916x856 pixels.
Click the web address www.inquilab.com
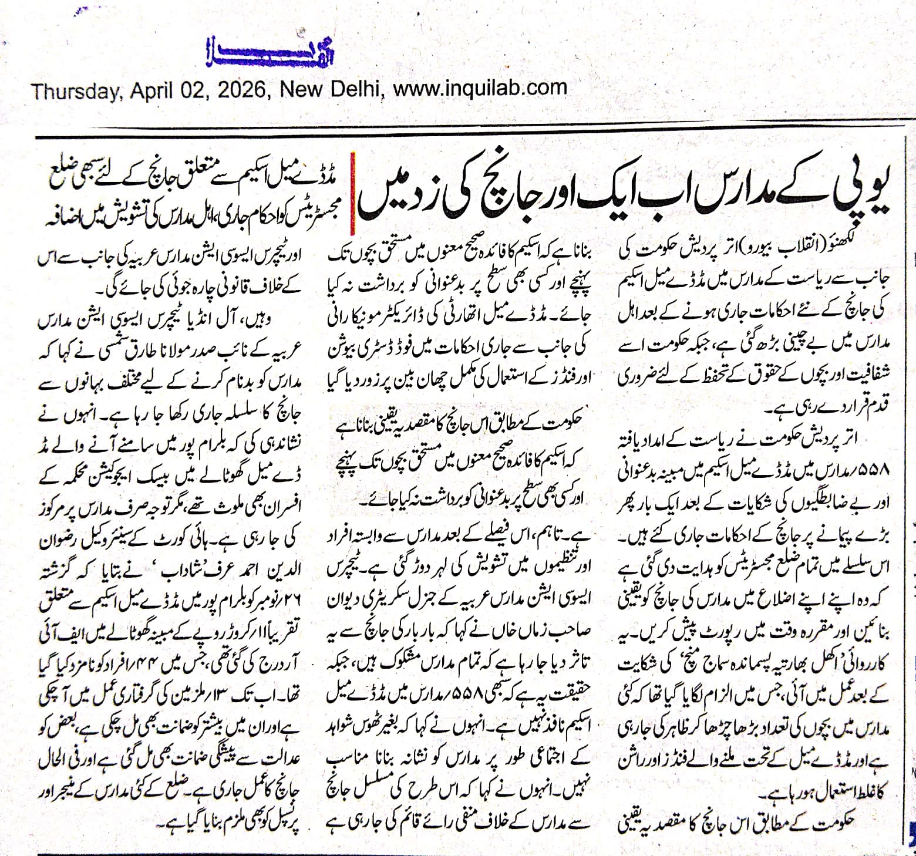tap(480, 89)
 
